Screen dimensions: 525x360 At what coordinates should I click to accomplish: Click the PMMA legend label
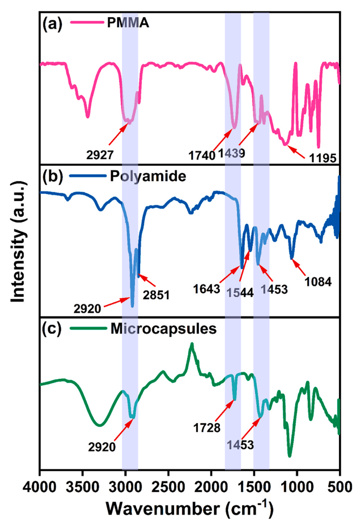[128, 23]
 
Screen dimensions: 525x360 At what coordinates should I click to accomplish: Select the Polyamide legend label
[148, 176]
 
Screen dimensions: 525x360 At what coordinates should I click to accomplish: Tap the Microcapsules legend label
[163, 329]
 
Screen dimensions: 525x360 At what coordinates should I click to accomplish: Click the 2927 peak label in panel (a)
[100, 155]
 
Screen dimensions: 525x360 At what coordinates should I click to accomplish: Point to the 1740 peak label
[202, 155]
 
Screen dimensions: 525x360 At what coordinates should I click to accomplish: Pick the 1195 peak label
[323, 158]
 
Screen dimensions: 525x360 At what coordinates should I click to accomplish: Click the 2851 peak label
[156, 295]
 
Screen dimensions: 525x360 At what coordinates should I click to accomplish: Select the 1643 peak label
[207, 289]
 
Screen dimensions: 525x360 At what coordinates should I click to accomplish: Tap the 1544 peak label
[240, 293]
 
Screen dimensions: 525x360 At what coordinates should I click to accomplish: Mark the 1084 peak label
[318, 281]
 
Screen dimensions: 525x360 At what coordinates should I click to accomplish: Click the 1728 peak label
[207, 427]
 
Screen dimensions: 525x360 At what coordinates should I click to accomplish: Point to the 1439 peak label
[231, 153]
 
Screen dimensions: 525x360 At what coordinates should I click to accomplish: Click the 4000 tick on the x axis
[40, 487]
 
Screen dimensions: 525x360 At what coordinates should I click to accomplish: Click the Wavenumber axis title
[189, 508]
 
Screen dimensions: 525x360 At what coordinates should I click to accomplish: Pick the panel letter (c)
[52, 329]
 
